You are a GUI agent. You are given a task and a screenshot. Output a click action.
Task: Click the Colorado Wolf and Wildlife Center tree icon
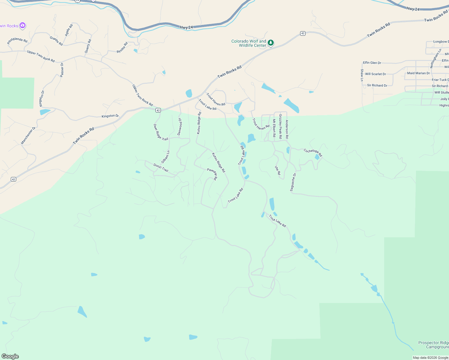click(x=271, y=43)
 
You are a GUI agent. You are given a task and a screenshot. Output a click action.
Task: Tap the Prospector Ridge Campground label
click(x=433, y=345)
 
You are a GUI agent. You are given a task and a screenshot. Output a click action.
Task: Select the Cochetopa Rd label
click(x=313, y=152)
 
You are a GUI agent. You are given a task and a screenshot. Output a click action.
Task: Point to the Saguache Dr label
click(x=293, y=182)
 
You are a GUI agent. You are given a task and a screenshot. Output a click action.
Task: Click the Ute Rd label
click(x=278, y=170)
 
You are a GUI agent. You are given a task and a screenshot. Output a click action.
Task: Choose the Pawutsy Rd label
click(x=212, y=174)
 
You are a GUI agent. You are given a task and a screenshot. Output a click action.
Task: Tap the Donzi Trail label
click(x=161, y=167)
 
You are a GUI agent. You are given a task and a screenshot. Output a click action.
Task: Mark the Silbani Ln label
click(x=165, y=157)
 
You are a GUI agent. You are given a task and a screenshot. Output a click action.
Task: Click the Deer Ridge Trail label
click(x=161, y=132)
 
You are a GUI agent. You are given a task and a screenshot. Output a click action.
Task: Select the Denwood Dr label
click(x=180, y=126)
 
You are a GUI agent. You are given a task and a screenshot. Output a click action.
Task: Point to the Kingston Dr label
click(x=110, y=116)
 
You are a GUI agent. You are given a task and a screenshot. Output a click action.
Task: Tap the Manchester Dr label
click(x=28, y=135)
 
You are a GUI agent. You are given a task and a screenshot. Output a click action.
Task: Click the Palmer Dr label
click(x=62, y=70)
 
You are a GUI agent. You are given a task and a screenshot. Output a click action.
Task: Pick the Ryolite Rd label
click(x=122, y=48)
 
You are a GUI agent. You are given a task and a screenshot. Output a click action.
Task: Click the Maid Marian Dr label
click(x=418, y=73)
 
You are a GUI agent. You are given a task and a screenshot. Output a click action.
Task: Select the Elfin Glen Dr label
click(x=372, y=63)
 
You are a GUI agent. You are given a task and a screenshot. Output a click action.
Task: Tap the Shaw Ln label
click(x=362, y=75)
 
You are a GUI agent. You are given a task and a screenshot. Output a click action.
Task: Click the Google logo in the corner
click(x=10, y=356)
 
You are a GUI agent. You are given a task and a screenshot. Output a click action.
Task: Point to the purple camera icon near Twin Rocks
click(x=23, y=25)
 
